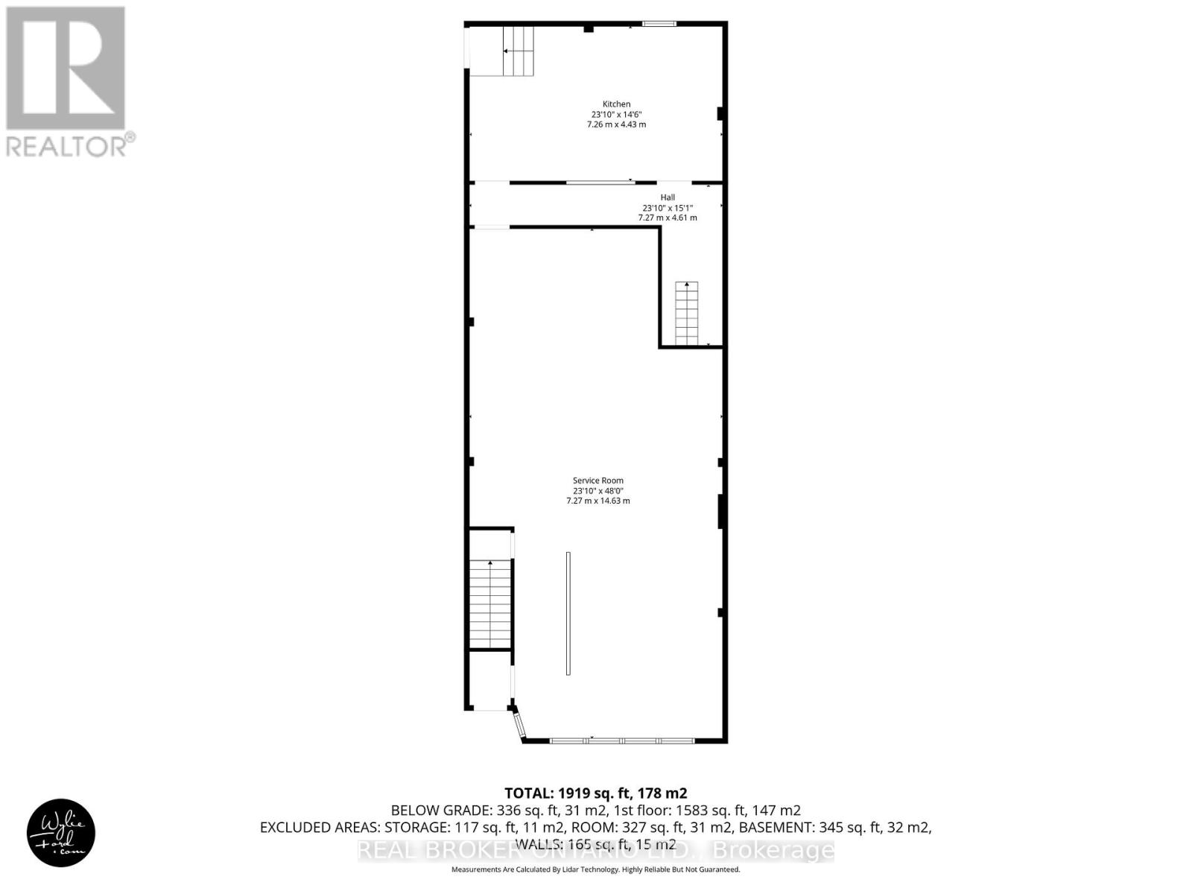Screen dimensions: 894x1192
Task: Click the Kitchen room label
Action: [x=616, y=104]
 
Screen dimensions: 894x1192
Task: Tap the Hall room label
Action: [x=668, y=197]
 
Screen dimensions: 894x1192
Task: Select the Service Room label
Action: [x=597, y=481]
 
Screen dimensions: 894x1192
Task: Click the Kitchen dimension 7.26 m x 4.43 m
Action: [x=616, y=124]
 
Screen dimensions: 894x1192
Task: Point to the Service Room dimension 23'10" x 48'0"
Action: [x=597, y=491]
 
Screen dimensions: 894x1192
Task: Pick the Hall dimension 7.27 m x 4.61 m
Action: [x=668, y=218]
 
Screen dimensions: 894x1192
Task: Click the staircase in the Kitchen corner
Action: [x=519, y=51]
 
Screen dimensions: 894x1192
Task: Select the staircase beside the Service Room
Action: [x=490, y=605]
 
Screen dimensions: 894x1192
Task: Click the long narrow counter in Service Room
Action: [x=568, y=613]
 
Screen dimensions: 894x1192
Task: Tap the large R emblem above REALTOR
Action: [x=66, y=68]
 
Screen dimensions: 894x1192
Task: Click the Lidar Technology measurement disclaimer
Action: [x=596, y=869]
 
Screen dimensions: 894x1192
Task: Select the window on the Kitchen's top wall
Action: [x=659, y=25]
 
